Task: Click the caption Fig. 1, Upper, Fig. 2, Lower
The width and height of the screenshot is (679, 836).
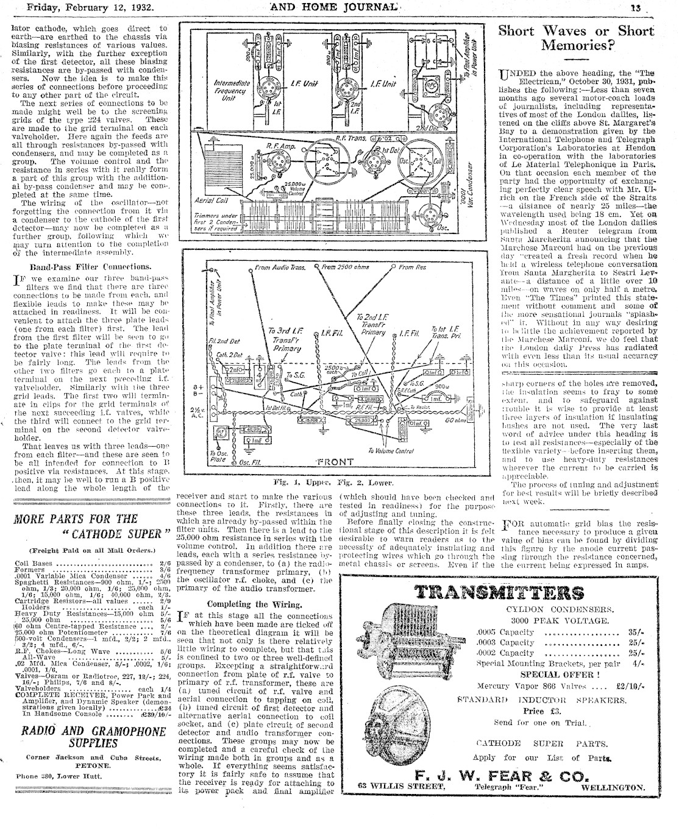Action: (332, 483)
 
